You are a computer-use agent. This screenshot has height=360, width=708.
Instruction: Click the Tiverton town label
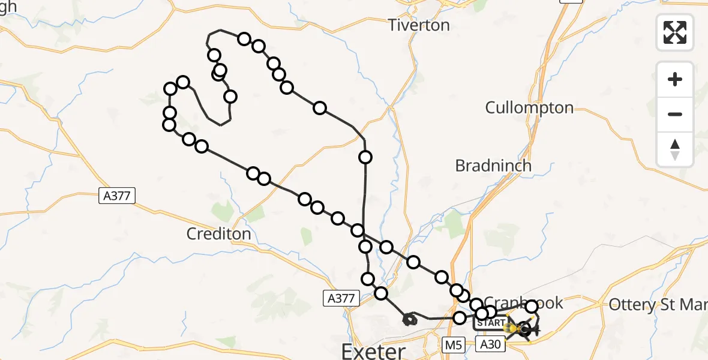coord(418,25)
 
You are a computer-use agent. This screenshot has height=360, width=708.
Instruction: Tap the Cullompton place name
coord(529,108)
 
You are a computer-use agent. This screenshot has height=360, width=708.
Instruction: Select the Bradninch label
coord(493,166)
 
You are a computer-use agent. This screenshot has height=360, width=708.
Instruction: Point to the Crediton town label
coord(218,234)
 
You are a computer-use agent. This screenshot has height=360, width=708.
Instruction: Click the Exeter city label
coord(374,350)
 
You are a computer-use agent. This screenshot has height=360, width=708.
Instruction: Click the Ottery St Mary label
coord(658,305)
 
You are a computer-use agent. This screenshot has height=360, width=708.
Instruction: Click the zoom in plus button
coord(675,80)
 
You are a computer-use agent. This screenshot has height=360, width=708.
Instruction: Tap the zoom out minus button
coord(675,114)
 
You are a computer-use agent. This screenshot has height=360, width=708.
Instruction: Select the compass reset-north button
coord(675,149)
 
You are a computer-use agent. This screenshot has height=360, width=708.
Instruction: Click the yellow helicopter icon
coord(512,329)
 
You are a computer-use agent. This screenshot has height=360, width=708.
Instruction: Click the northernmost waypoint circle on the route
coord(244,39)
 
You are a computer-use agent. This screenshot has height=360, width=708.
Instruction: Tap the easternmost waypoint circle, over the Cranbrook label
coord(532,307)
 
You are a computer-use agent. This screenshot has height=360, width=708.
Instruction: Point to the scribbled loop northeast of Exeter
coord(409,319)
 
